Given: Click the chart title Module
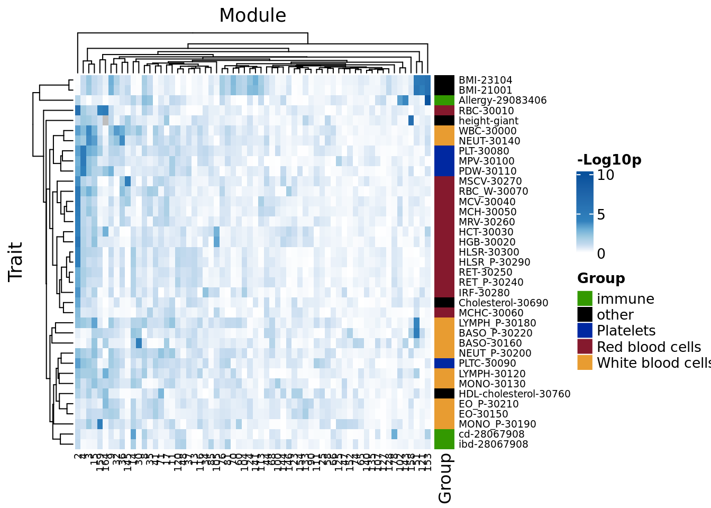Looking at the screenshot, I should (252, 15).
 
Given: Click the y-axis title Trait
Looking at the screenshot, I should (15, 261).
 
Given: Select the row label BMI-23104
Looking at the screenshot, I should (485, 80).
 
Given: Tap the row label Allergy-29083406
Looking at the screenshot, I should (502, 101).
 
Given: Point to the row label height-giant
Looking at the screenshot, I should (488, 121).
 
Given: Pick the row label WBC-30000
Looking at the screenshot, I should (487, 131).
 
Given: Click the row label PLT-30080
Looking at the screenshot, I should (484, 151).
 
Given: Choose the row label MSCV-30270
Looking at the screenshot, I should (490, 182).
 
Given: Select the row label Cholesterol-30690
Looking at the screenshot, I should (503, 303).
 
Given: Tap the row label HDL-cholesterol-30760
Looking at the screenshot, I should (514, 394).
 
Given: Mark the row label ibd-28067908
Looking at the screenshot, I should (493, 444).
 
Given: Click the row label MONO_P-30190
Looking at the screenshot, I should (497, 424).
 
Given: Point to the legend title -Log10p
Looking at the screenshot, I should (609, 160).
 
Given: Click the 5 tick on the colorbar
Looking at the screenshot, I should (601, 215).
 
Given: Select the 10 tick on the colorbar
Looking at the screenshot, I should (605, 175).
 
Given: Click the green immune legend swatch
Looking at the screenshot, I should (585, 298).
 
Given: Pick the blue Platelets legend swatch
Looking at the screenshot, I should (585, 331).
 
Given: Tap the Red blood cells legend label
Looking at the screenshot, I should (649, 347).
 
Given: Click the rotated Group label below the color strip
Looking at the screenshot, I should (445, 478).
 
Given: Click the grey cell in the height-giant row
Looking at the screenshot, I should (105, 121).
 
